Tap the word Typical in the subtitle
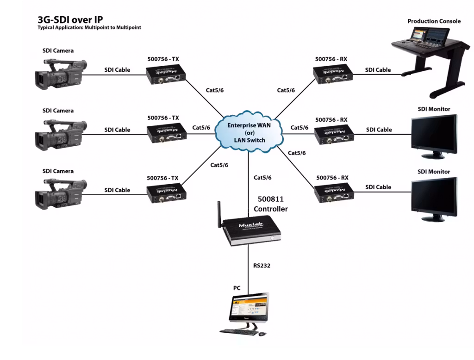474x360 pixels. point(47,28)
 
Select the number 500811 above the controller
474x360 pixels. point(271,199)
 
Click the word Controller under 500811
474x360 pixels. point(271,209)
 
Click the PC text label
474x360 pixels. point(237,288)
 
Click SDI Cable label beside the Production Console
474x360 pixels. point(378,70)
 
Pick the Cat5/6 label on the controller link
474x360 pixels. point(262,177)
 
